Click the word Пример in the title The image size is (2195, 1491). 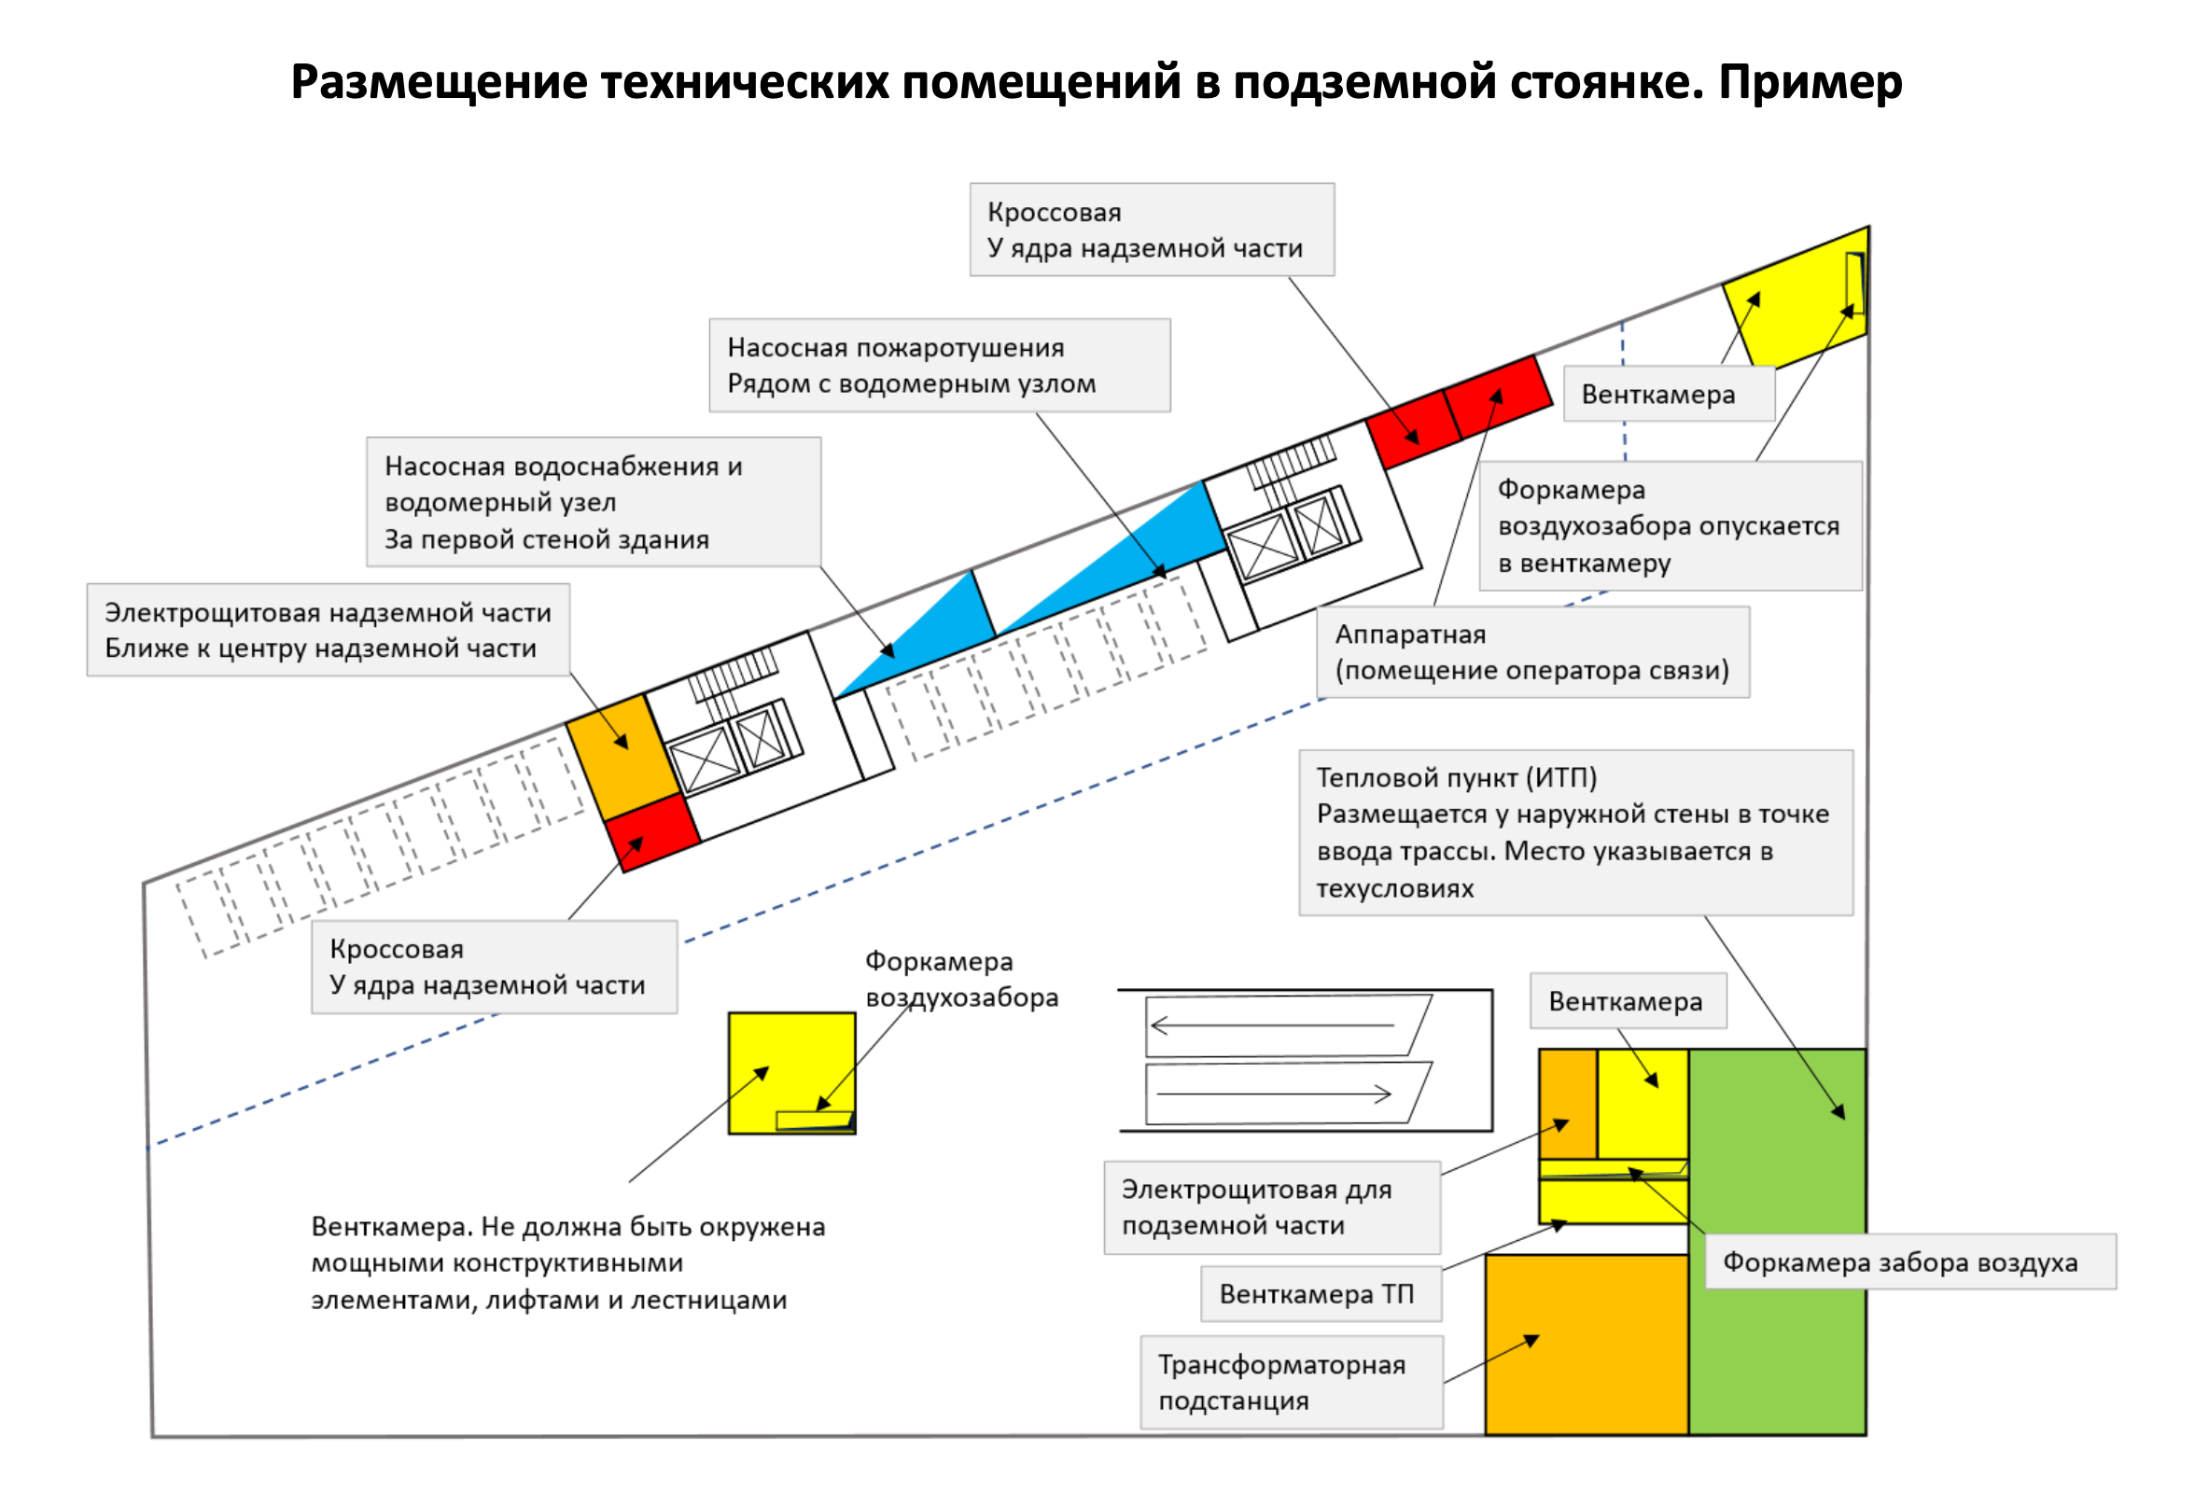coord(1809,82)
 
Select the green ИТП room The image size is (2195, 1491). coord(1776,1322)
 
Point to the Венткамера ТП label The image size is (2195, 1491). coord(1320,1293)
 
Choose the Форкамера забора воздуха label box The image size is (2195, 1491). coord(1908,1261)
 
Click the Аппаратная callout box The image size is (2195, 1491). coord(1532,652)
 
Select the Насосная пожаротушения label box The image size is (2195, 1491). coord(939,366)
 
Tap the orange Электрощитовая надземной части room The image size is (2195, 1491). coord(622,756)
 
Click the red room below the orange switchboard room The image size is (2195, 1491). coord(651,832)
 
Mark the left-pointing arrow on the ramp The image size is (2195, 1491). coord(1270,1025)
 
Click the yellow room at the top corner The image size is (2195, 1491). coord(1795,302)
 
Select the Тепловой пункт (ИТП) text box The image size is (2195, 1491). coord(1575,832)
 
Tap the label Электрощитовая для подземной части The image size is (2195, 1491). coord(1271,1206)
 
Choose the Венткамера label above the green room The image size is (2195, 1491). coord(1628,1001)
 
